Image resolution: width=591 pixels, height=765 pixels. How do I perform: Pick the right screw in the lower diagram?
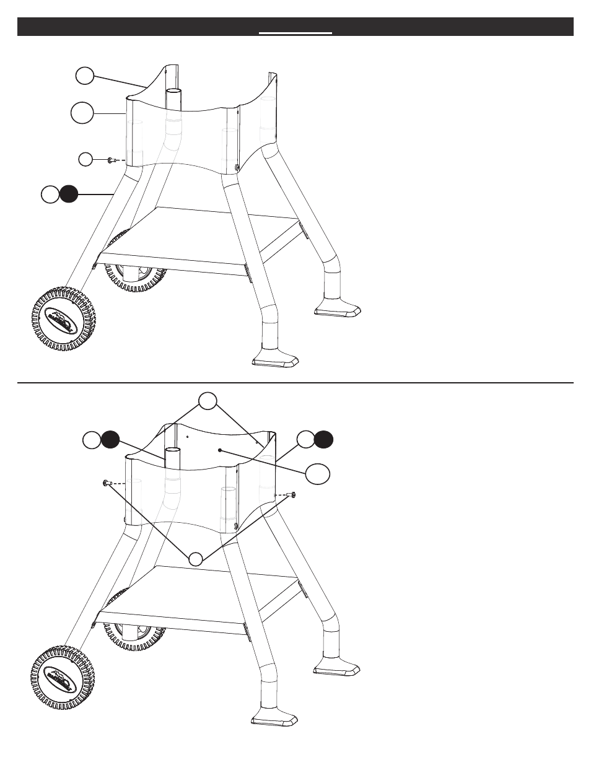(x=292, y=494)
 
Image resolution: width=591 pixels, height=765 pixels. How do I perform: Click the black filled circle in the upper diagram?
(x=69, y=194)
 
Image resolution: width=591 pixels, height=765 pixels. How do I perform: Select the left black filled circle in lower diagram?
(x=110, y=440)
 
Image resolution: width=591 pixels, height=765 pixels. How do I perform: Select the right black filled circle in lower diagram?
(x=323, y=440)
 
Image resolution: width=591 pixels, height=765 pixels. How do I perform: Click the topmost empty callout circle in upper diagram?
(x=85, y=76)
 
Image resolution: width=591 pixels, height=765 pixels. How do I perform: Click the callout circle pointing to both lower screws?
(x=196, y=558)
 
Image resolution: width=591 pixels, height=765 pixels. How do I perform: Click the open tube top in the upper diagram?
(x=175, y=90)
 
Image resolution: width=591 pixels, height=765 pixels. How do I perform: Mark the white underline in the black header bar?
(x=295, y=33)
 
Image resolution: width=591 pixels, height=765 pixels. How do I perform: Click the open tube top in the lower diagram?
(x=173, y=449)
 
